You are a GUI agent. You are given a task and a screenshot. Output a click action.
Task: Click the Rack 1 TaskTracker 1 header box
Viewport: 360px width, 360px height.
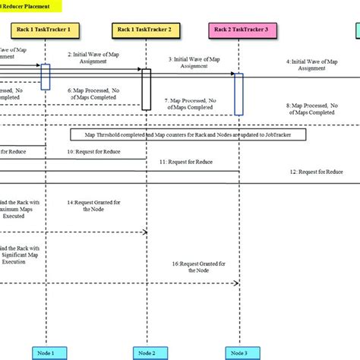[46, 30]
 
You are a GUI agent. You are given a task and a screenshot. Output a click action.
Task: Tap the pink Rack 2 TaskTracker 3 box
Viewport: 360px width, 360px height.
[239, 30]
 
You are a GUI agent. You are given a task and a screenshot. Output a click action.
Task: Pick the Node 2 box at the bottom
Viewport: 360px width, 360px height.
[147, 352]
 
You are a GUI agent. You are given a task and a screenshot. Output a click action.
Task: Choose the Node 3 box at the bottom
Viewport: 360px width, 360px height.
[238, 352]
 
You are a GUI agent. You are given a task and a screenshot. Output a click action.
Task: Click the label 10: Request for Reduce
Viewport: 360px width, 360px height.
[93, 152]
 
